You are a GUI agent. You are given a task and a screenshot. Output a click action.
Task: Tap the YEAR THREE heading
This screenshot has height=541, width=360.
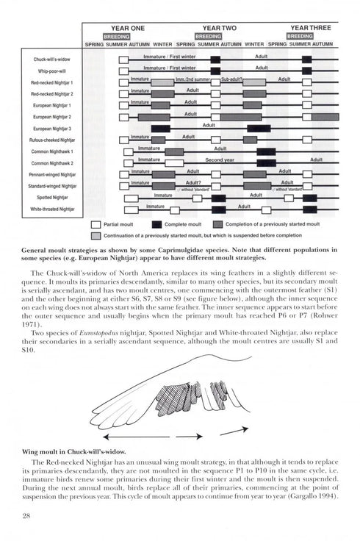[310, 27]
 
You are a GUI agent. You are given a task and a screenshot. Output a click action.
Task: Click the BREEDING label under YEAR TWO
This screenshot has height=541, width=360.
[209, 35]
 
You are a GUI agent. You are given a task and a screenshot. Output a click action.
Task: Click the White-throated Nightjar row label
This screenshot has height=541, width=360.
[52, 209]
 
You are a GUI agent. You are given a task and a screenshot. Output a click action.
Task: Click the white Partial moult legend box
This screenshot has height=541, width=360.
[96, 224]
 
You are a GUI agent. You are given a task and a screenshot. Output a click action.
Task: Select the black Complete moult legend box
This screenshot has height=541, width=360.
[157, 224]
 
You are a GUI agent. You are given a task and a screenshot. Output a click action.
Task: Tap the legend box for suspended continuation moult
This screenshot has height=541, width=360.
[96, 236]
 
